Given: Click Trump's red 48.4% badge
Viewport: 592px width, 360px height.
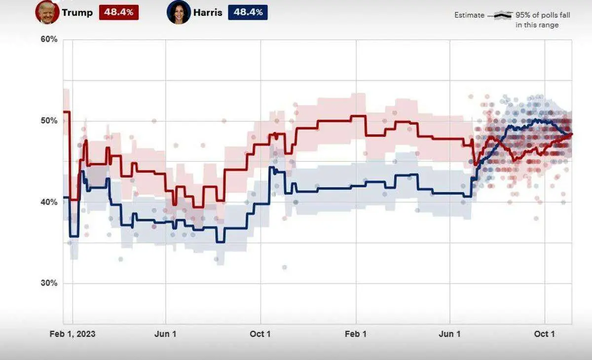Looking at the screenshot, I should click(x=119, y=12).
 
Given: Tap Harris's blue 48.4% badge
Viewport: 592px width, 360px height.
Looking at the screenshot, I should click(x=248, y=12).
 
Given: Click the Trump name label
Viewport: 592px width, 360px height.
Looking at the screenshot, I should click(x=77, y=12).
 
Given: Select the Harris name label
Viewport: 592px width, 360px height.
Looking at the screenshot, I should click(x=208, y=12).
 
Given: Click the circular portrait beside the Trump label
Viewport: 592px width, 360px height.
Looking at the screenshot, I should click(x=47, y=12).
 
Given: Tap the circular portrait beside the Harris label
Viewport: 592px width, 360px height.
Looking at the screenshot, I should click(x=179, y=12).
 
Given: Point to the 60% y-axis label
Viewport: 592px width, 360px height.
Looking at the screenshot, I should click(x=49, y=39).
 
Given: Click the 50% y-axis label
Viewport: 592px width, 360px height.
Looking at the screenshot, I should click(x=49, y=121).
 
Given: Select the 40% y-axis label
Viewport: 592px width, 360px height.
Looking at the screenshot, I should click(x=49, y=202).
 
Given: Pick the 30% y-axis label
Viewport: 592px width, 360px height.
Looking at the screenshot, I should click(x=49, y=283).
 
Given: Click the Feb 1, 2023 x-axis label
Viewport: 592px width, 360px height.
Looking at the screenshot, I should click(x=73, y=334).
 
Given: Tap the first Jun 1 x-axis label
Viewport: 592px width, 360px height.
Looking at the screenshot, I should click(x=165, y=334).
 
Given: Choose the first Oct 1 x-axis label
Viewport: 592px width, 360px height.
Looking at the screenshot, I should click(x=260, y=334).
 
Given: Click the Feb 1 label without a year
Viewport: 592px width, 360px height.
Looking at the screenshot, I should click(x=355, y=334).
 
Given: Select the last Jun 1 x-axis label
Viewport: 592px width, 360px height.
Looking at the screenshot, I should click(x=450, y=334).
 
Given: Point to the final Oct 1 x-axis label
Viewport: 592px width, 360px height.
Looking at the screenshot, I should click(x=545, y=334).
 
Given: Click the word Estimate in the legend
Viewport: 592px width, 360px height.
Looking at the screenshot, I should click(x=469, y=15).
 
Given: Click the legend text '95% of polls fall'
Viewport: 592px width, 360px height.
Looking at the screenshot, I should click(x=543, y=15).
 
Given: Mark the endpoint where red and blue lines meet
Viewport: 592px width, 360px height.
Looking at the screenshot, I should click(x=571, y=134).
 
